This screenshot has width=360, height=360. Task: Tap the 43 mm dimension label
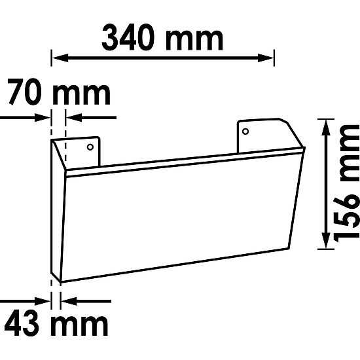[55, 323]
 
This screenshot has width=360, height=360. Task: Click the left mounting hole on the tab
[91, 147]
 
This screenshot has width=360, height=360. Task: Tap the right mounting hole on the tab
[245, 132]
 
